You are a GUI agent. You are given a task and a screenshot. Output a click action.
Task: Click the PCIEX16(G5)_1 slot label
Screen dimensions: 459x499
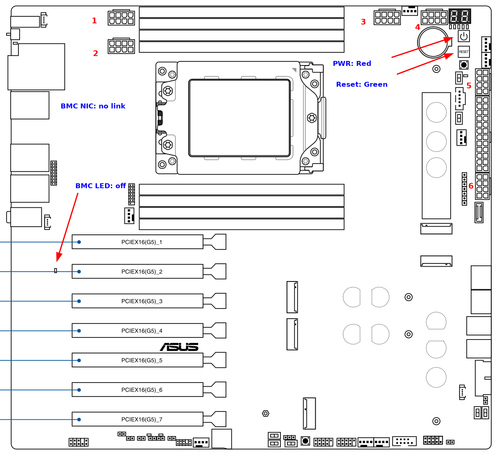click(142, 242)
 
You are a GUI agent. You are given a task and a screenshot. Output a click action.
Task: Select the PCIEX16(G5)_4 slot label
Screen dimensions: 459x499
click(142, 331)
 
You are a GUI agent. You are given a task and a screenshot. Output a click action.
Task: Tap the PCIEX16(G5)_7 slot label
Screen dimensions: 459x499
click(142, 420)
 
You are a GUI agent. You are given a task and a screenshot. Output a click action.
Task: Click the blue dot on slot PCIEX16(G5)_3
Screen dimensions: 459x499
click(79, 301)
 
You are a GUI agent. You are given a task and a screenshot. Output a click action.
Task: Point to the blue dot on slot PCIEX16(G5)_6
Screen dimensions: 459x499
click(79, 390)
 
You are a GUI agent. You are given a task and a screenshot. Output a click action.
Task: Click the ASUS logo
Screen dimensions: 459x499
click(179, 347)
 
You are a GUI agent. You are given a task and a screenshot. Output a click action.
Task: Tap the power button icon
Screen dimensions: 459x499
click(463, 36)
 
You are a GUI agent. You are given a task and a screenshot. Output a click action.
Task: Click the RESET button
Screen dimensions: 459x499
click(463, 52)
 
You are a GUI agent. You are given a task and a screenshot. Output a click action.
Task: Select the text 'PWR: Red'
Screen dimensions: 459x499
click(352, 64)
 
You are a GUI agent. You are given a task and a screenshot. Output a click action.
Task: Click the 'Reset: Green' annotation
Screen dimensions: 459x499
click(362, 85)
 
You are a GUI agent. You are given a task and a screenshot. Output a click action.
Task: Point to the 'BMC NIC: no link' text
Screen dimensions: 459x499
click(93, 106)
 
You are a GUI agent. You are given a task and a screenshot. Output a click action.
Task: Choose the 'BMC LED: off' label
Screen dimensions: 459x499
click(101, 186)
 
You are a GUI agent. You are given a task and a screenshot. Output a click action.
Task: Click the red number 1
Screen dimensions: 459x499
click(95, 21)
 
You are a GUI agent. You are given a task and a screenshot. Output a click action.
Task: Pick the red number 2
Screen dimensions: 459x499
click(95, 54)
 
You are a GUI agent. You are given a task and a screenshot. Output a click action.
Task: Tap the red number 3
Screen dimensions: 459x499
click(363, 22)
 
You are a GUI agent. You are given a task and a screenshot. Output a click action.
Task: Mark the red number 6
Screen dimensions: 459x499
click(471, 186)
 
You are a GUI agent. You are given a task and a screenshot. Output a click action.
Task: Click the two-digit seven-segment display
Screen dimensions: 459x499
click(460, 16)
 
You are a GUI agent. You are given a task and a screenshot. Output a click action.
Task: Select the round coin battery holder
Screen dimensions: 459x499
click(434, 43)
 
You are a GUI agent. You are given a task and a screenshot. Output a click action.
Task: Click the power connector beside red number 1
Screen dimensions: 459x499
click(121, 18)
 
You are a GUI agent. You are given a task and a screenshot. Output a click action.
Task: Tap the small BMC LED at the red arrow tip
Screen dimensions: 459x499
click(56, 270)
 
